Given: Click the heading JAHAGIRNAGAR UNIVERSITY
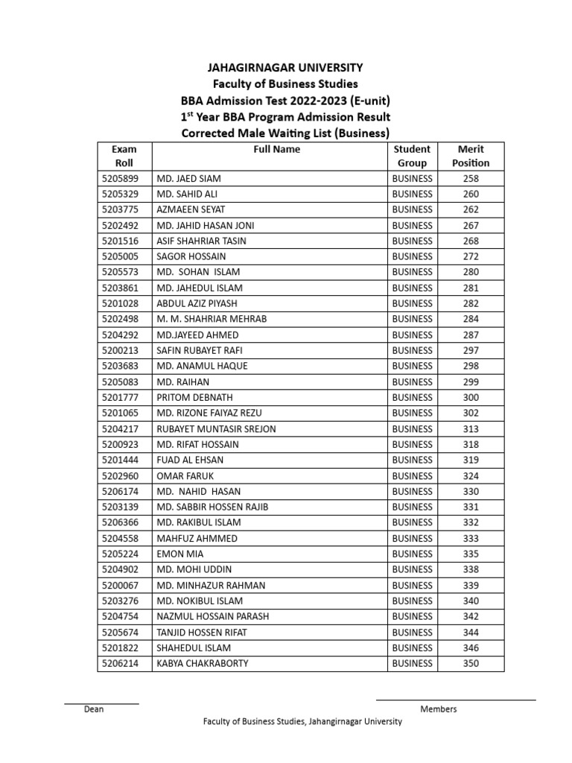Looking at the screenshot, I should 286,68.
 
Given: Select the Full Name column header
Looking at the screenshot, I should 276,149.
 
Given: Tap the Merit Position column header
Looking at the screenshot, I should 471,156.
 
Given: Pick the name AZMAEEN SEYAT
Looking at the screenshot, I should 191,210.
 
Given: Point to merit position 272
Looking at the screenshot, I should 471,257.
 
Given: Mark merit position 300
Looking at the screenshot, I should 471,398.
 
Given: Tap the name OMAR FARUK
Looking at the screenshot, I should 182,476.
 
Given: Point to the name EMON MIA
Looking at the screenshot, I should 179,554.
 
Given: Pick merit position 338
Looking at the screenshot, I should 471,570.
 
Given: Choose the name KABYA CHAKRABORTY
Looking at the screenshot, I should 203,664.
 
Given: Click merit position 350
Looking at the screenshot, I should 471,664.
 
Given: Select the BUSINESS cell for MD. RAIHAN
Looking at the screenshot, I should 412,382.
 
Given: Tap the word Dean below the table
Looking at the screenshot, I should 94,709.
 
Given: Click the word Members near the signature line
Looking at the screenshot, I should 439,709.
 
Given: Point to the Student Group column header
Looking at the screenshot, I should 412,156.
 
